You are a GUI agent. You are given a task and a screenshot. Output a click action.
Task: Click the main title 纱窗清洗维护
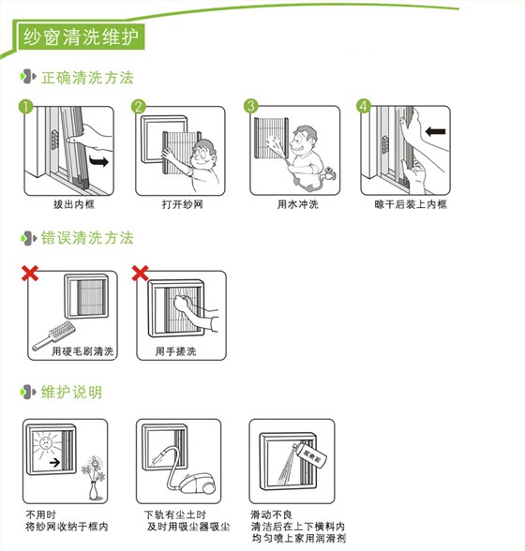(x=80, y=37)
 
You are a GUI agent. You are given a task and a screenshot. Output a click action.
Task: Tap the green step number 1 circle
(x=27, y=106)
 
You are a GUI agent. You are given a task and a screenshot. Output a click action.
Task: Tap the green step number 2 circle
(x=139, y=106)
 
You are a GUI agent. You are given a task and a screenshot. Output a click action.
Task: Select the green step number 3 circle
(x=251, y=106)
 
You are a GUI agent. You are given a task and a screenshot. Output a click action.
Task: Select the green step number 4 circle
(x=364, y=106)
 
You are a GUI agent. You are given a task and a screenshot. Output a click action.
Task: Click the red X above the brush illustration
(x=31, y=275)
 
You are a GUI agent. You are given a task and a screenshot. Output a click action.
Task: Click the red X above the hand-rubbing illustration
(x=142, y=275)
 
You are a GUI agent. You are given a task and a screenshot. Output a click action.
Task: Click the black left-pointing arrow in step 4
(x=434, y=132)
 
